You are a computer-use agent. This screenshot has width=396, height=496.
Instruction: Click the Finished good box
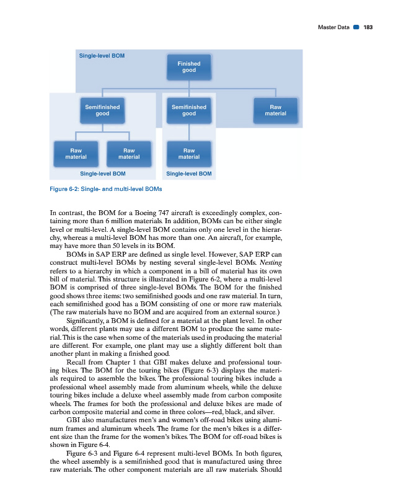point(189,67)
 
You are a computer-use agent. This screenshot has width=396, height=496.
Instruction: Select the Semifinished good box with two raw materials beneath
point(103,110)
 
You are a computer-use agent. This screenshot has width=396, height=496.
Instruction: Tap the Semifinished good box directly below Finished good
point(189,110)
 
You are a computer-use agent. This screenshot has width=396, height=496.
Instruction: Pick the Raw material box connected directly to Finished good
point(276,110)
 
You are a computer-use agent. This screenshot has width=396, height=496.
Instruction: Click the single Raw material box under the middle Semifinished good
point(189,153)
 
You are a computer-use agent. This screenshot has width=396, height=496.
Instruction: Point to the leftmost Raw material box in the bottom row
point(76,153)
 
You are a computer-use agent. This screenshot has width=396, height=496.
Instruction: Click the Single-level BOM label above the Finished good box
point(102,55)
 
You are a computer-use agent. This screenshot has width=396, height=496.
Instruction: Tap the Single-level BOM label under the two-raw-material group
point(103,174)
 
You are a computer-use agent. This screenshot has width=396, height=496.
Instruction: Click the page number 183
point(368,27)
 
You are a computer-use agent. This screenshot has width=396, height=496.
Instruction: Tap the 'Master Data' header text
point(333,27)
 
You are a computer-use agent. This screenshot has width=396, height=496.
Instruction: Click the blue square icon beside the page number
point(356,27)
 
